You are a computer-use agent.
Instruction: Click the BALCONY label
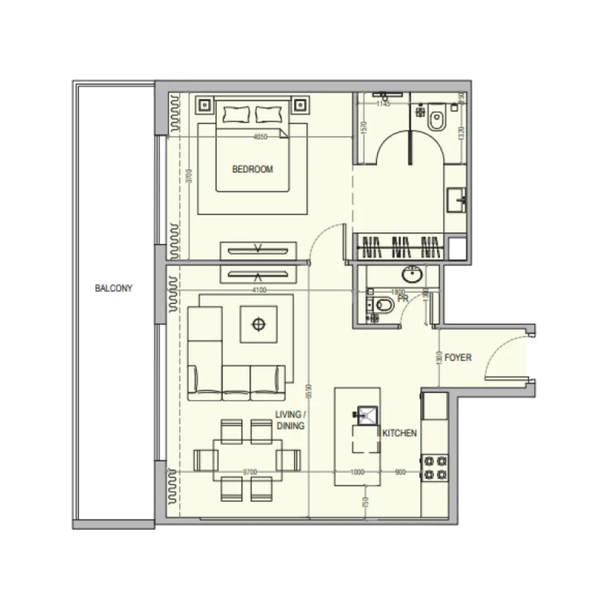pyautogui.click(x=113, y=288)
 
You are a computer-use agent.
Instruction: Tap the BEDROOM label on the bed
pyautogui.click(x=253, y=169)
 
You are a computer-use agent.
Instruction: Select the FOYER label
pyautogui.click(x=458, y=358)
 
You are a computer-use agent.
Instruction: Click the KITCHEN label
pyautogui.click(x=400, y=433)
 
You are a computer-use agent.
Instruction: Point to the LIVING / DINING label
pyautogui.click(x=290, y=420)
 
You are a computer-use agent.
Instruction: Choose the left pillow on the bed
pyautogui.click(x=237, y=114)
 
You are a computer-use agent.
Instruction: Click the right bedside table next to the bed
pyautogui.click(x=300, y=103)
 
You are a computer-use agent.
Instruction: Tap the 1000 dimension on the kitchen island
pyautogui.click(x=359, y=472)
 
